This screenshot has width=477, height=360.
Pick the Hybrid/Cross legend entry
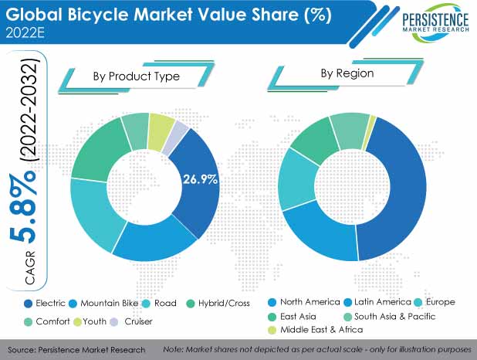click(217, 304)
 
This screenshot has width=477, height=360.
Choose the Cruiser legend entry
click(132, 321)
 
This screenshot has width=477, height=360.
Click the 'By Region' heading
click(347, 73)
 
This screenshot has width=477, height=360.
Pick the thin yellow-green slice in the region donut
click(372, 119)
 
